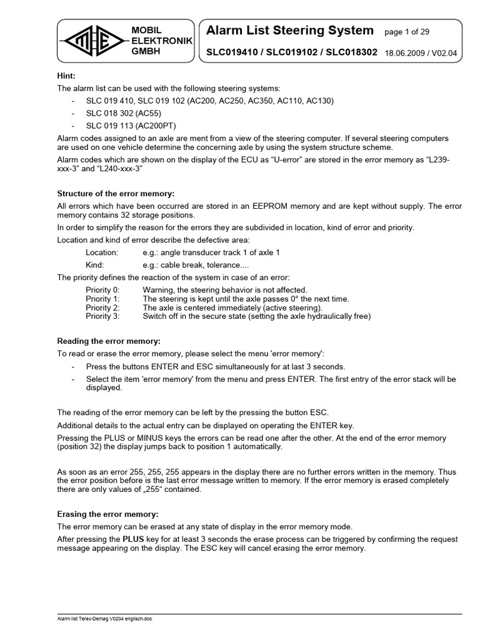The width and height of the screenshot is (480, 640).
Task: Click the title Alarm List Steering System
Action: (290, 31)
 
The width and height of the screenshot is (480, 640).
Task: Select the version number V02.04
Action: (444, 53)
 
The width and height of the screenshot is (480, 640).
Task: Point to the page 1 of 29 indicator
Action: (407, 31)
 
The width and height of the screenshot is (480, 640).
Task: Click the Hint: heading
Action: (66, 76)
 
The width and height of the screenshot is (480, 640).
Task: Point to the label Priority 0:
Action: (102, 290)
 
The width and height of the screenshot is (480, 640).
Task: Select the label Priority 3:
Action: (102, 316)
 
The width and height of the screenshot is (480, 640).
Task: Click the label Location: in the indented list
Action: (101, 252)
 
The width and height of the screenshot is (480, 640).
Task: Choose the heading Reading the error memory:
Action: (109, 341)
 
